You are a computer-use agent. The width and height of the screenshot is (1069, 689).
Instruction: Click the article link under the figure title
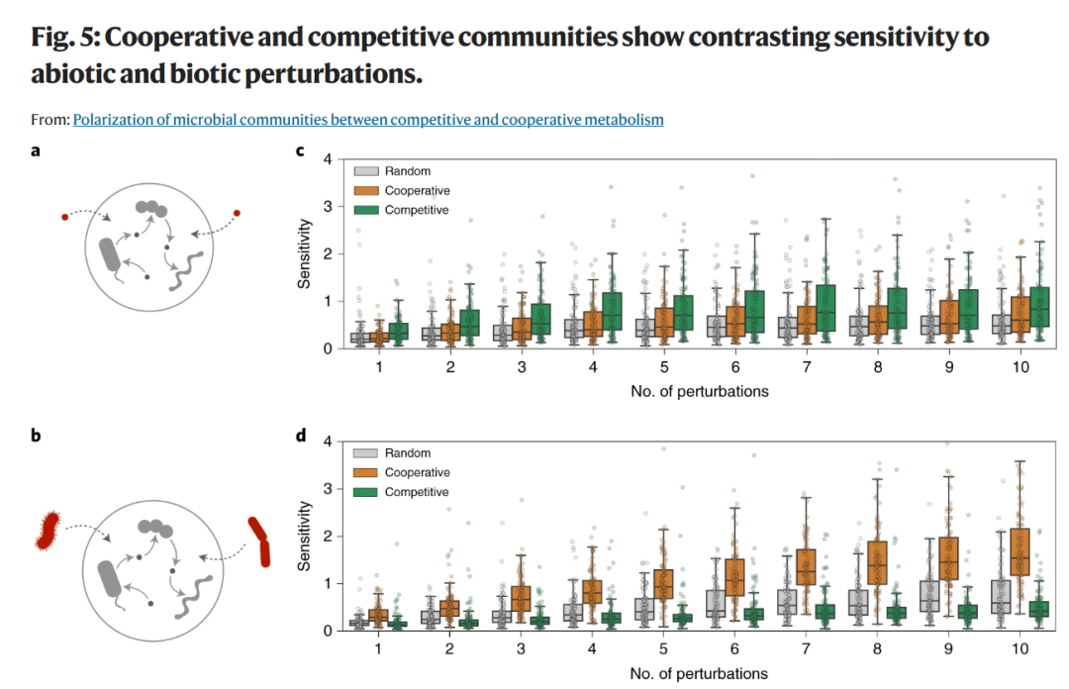[x=368, y=120]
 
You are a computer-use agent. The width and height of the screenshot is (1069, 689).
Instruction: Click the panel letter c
[x=300, y=150]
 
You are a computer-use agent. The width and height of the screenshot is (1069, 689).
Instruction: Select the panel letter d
[x=301, y=435]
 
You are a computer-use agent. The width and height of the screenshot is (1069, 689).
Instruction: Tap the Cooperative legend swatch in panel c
[x=366, y=190]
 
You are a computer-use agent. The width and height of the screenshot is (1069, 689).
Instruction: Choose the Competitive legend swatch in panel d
[x=365, y=492]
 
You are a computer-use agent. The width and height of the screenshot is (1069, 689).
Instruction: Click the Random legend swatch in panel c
[x=366, y=170]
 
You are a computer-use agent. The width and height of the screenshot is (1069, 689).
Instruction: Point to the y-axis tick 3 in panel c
[x=328, y=206]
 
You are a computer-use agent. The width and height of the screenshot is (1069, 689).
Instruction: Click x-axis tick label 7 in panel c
[x=807, y=367]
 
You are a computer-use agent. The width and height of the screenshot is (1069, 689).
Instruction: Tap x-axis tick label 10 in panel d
[x=1020, y=648]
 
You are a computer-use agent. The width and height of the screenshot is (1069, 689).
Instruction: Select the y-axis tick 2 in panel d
[x=328, y=537]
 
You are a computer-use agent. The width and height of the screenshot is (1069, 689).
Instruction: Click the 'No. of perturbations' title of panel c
[x=700, y=392]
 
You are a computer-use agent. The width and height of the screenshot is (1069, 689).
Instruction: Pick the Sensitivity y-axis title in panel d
[x=304, y=537]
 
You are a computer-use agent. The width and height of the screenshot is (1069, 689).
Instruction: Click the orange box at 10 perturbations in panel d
[x=1020, y=551]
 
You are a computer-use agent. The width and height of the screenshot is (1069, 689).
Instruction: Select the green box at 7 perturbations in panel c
[x=826, y=308]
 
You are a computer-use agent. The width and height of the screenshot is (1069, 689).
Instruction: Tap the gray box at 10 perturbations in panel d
[x=1001, y=597]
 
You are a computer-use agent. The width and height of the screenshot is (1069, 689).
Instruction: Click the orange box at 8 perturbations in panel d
[x=877, y=563]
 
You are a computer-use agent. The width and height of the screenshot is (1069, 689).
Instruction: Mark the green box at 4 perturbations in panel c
[x=613, y=312]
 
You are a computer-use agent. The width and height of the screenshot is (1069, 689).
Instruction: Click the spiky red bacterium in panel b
[x=48, y=531]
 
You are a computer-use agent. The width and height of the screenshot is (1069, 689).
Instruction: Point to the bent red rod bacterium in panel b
[x=259, y=541]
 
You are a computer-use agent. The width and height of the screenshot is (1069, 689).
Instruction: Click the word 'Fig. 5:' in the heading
[x=65, y=38]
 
